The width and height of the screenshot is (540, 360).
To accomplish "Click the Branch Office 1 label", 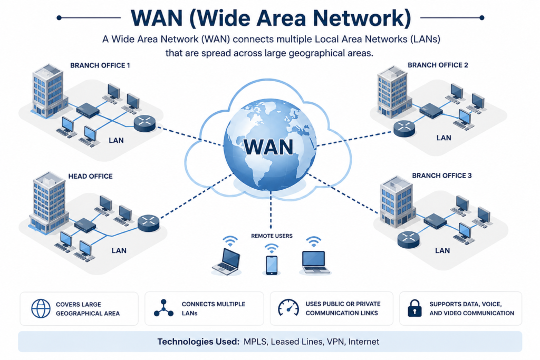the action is tap(100, 65).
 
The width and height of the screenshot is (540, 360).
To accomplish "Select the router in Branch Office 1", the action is tap(144, 123).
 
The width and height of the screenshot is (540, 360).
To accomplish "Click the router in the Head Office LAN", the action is tap(148, 223).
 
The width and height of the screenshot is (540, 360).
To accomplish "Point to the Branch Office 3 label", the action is tap(442, 176).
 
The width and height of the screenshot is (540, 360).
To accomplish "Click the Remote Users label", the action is tap(272, 236).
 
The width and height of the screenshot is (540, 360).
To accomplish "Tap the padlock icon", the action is tap(414, 308).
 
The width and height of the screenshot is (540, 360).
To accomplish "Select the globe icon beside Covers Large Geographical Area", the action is tap(41, 308).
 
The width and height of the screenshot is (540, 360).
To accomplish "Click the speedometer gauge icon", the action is tap(288, 307).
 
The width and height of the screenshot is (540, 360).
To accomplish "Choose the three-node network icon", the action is tap(163, 308).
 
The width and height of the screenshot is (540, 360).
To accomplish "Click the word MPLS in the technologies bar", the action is tap(255, 342).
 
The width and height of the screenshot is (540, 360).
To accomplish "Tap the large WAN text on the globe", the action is tap(268, 147).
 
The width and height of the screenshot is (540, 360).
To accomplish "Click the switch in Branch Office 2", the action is tap(431, 111).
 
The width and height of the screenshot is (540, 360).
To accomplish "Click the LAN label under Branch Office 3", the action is tap(442, 250).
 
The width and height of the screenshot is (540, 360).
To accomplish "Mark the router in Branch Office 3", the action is tap(409, 239).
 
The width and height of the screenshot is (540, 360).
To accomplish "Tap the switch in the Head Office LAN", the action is tap(85, 225).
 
